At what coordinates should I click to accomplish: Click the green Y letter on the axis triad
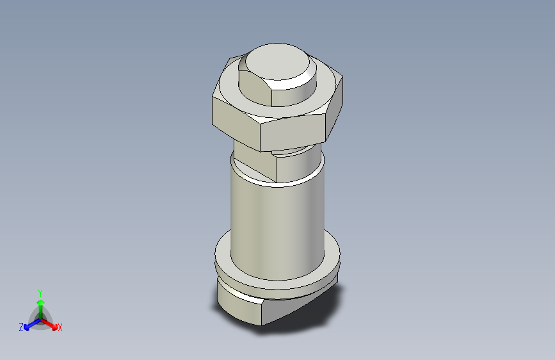[40, 291]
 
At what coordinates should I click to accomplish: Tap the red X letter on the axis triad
[60, 328]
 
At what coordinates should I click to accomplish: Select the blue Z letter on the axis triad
[21, 327]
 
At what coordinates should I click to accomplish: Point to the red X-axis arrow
[51, 323]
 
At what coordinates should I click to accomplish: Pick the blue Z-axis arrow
[29, 323]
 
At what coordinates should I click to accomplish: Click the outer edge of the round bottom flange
[275, 282]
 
